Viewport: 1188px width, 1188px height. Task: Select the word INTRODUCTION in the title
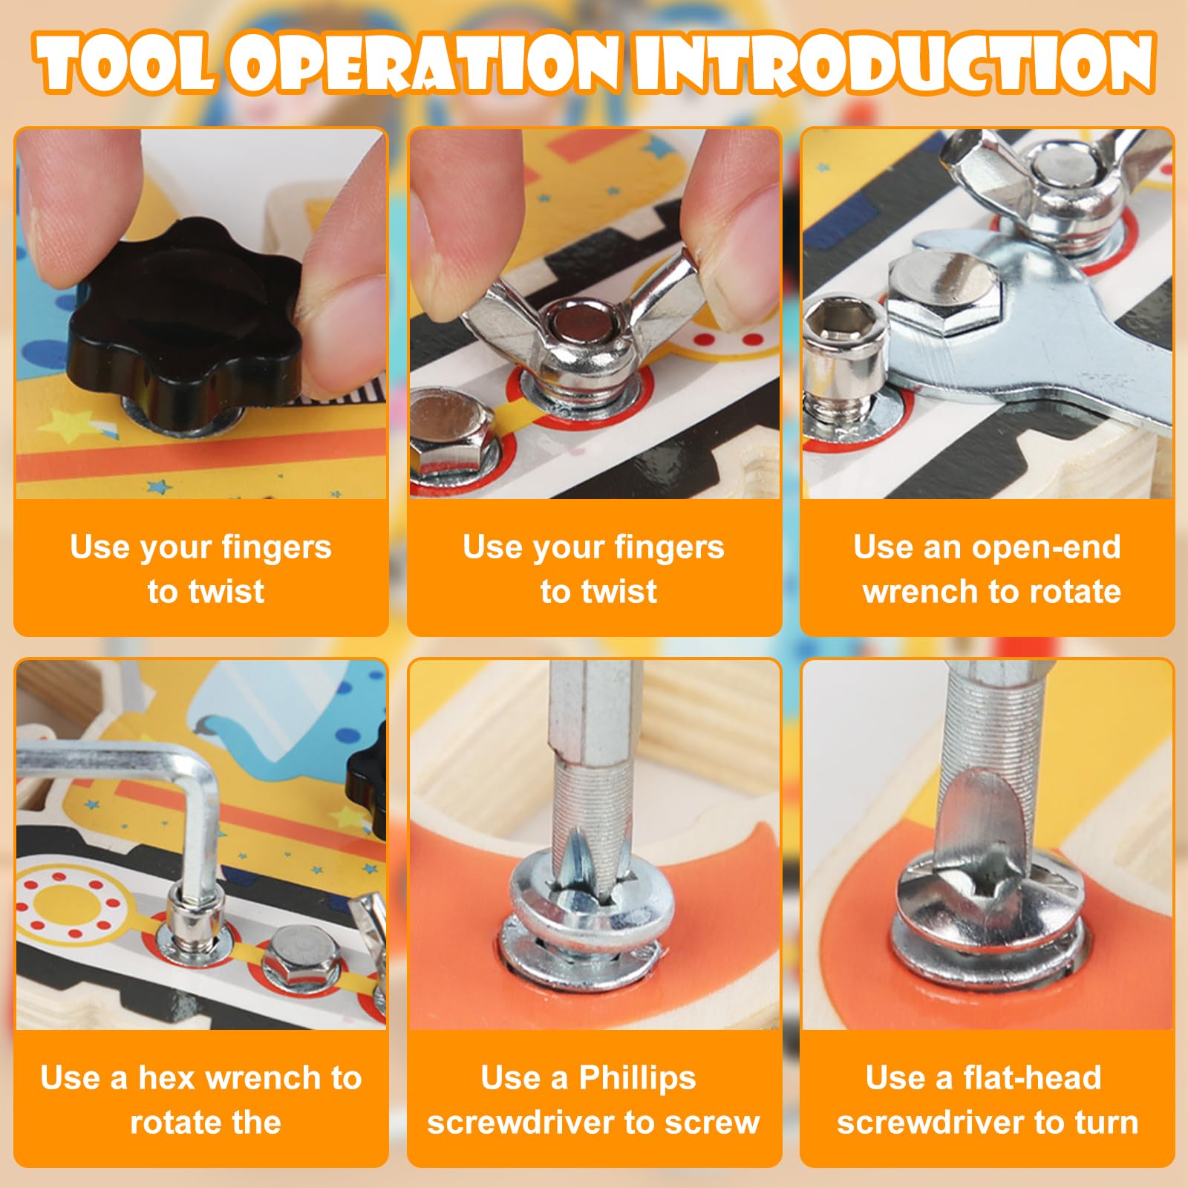tap(894, 65)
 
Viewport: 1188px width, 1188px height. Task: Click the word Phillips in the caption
tap(637, 1078)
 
